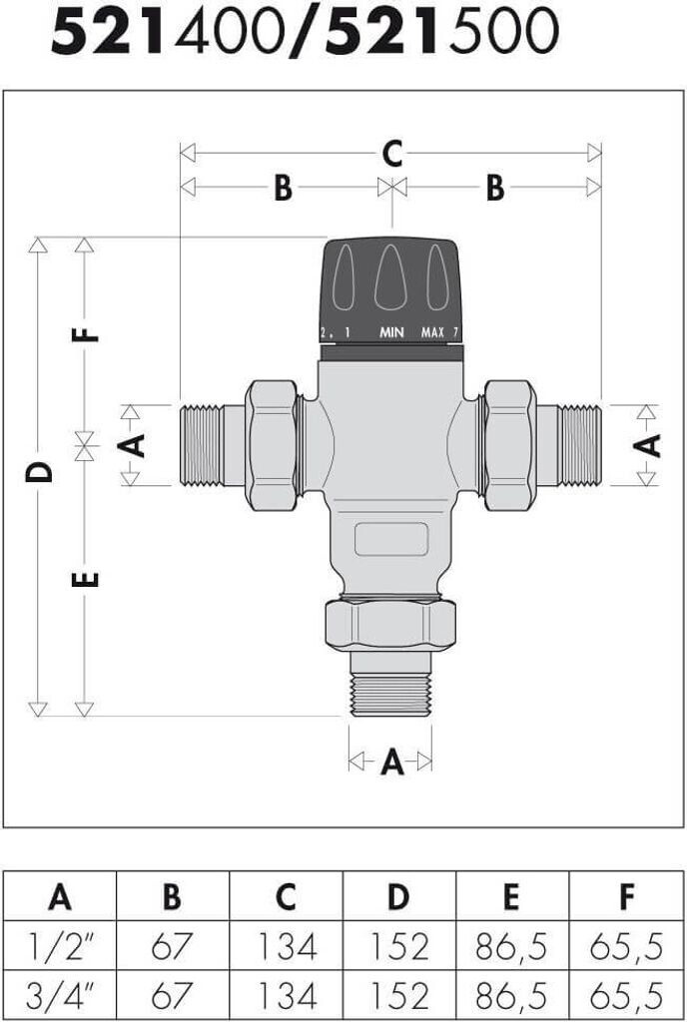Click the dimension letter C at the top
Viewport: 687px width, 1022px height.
pyautogui.click(x=391, y=154)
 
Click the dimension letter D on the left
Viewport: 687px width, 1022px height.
pyautogui.click(x=39, y=471)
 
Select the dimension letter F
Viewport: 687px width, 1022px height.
pyautogui.click(x=85, y=335)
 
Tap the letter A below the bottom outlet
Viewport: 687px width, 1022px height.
pyautogui.click(x=391, y=762)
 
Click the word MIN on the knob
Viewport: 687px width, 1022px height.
pyautogui.click(x=391, y=332)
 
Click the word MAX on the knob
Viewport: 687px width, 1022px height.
pyautogui.click(x=432, y=332)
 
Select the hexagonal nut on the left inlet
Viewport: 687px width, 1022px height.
pyautogui.click(x=272, y=446)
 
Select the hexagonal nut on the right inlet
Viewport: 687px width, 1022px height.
pyautogui.click(x=510, y=446)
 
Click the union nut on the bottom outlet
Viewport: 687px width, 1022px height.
pyautogui.click(x=390, y=626)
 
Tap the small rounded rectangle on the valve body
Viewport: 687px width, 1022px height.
pyautogui.click(x=391, y=539)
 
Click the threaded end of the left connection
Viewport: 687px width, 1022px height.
pyautogui.click(x=202, y=446)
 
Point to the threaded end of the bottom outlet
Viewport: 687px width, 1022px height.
pyautogui.click(x=390, y=695)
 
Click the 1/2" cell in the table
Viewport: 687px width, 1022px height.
pyautogui.click(x=59, y=947)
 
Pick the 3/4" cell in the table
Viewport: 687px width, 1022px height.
pyautogui.click(x=59, y=996)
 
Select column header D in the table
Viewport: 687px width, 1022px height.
pyautogui.click(x=398, y=897)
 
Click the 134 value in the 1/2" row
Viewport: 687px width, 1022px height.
pyautogui.click(x=288, y=947)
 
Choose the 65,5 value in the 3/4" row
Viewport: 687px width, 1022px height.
pyautogui.click(x=626, y=996)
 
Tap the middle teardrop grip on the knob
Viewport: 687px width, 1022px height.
pyautogui.click(x=391, y=278)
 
